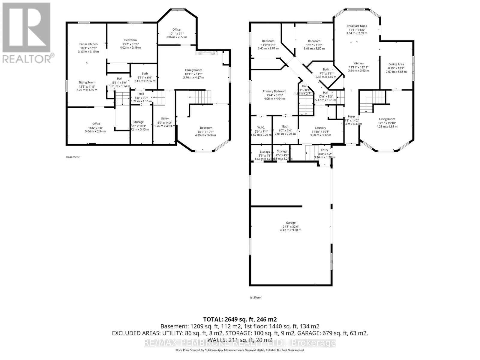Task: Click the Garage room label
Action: point(290,223)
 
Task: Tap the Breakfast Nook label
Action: point(357,26)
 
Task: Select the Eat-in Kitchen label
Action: point(88,44)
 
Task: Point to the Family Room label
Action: point(193,70)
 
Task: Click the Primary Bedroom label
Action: point(274,91)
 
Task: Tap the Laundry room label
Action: point(320,128)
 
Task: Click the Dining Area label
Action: point(396,64)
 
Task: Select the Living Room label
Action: point(387,119)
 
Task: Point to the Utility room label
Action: point(164,118)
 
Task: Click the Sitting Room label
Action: point(87,82)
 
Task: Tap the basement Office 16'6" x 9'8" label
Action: point(96,124)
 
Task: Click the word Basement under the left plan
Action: point(73,157)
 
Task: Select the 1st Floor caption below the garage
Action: point(255,298)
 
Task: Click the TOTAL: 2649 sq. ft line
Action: point(240,319)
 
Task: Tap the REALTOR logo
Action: point(27,33)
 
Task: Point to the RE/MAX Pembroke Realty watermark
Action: point(240,343)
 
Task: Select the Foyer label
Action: point(351,117)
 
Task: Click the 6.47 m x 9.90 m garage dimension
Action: point(290,230)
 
